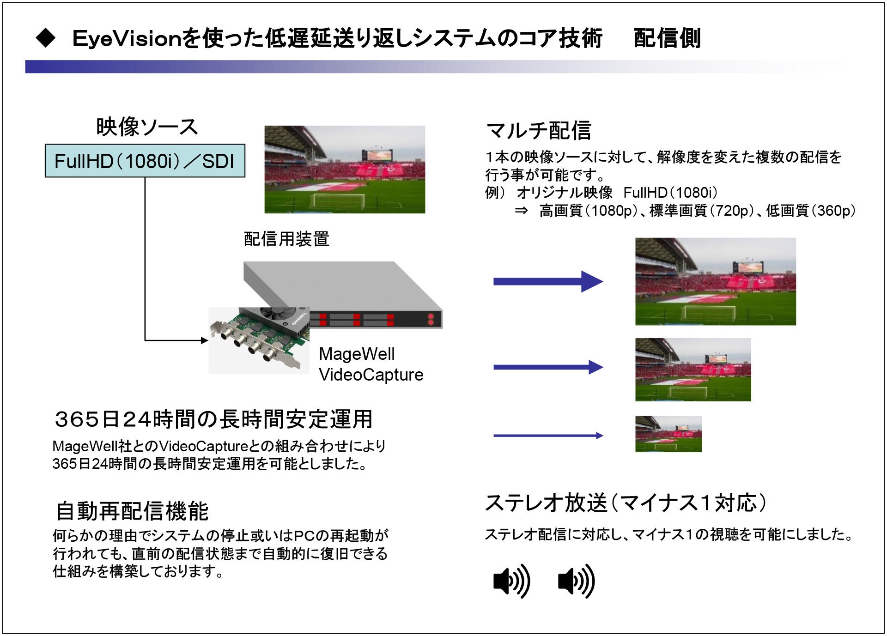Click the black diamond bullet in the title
(x=45, y=38)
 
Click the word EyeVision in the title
(x=127, y=38)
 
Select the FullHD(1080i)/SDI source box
(x=145, y=161)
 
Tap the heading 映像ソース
(x=147, y=127)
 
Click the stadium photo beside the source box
(x=345, y=170)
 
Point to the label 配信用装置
(x=286, y=239)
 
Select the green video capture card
(x=259, y=339)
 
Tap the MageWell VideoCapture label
(x=371, y=364)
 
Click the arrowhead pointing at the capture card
(x=205, y=340)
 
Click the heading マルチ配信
(x=539, y=130)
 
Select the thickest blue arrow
(x=548, y=282)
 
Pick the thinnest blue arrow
(x=548, y=436)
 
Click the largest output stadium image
(x=716, y=282)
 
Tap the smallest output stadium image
(x=668, y=434)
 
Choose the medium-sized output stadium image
(x=693, y=369)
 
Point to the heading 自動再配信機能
(x=132, y=511)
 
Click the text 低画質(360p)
(x=811, y=211)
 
